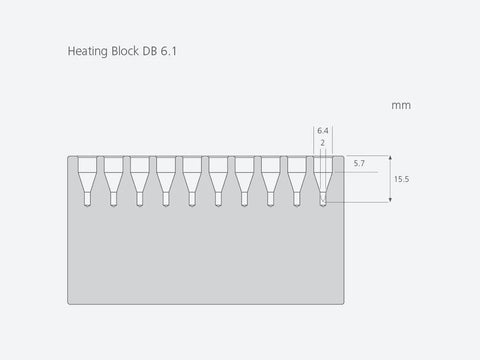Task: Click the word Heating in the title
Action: click(88, 52)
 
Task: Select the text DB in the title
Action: click(150, 51)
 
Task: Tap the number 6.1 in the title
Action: click(169, 51)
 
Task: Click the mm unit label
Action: click(401, 106)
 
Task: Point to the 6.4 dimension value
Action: click(323, 131)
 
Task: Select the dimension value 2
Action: click(322, 143)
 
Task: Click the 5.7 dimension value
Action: click(359, 163)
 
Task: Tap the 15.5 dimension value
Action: click(401, 179)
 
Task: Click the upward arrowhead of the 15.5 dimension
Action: click(390, 158)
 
